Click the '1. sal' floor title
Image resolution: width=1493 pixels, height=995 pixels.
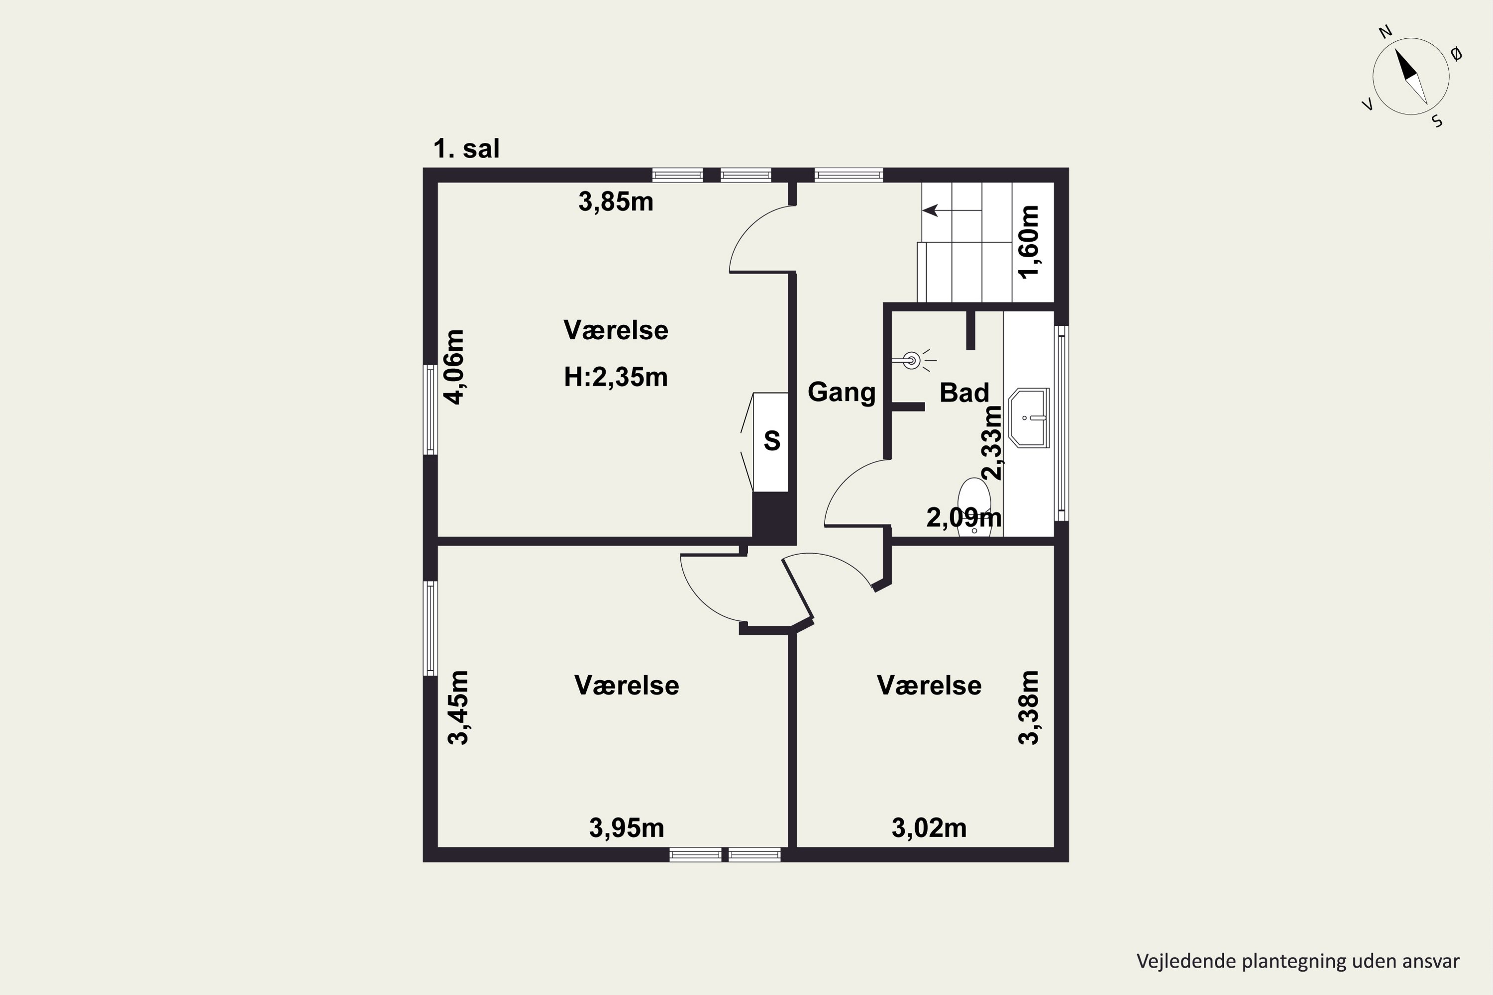(466, 148)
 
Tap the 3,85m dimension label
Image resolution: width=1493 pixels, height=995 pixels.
(616, 202)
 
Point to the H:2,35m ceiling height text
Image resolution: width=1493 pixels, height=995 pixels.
(616, 377)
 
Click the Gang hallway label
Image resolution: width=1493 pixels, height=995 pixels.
(842, 392)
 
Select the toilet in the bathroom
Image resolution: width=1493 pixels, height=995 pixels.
(974, 507)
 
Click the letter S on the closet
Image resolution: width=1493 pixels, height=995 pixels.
(772, 440)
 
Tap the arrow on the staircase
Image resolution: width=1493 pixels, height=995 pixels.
(952, 210)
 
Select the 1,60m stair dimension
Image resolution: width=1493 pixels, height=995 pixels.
(1029, 242)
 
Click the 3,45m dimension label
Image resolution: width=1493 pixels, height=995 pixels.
(458, 707)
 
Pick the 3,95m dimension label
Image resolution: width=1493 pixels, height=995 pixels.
(627, 828)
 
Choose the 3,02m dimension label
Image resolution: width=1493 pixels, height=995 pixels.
(929, 828)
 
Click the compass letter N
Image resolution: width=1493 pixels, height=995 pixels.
(1385, 49)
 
